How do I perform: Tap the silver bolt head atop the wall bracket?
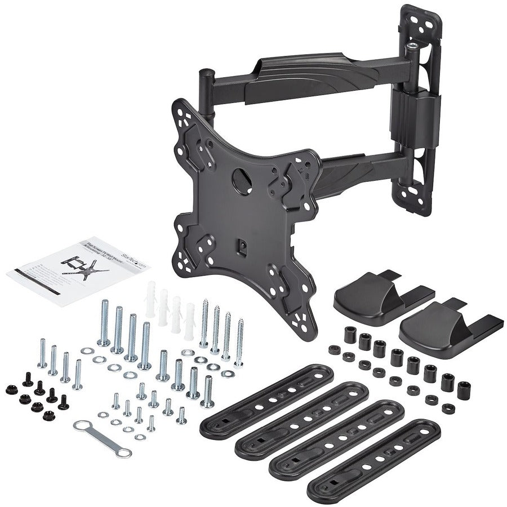[415, 46]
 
